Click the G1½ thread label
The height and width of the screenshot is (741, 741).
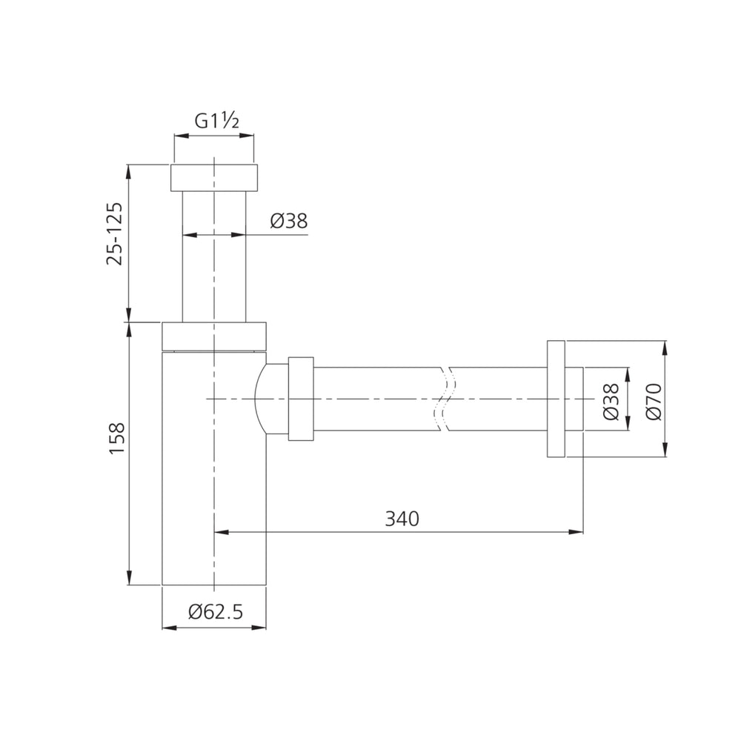pos(217,122)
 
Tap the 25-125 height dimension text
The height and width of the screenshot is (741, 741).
pos(115,233)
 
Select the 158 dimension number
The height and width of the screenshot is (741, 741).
pos(117,438)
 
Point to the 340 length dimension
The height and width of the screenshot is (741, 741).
pos(402,519)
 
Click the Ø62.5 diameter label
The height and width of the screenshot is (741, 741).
pos(216,611)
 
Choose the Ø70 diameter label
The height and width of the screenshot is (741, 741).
pos(654,401)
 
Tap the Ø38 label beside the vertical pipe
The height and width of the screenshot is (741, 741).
pos(289,221)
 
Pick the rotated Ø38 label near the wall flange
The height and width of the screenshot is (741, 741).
pos(611,401)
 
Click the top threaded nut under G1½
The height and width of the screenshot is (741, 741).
pos(214,178)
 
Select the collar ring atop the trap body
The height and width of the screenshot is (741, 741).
pos(214,336)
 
